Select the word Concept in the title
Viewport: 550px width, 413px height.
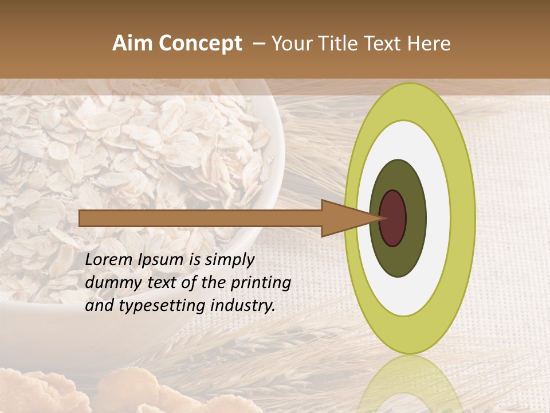(200, 44)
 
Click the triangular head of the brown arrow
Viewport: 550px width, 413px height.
(344, 219)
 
